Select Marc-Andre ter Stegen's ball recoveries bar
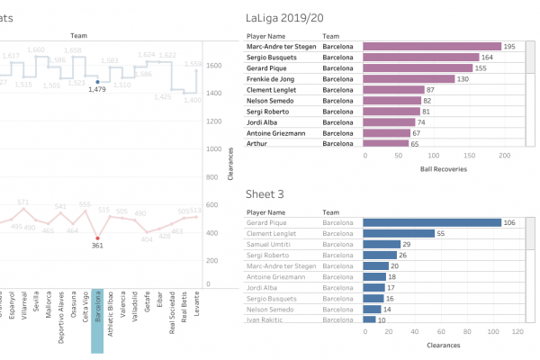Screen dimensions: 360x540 [x=432, y=46]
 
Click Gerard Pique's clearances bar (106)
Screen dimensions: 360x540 [x=432, y=222]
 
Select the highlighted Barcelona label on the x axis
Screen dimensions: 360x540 [x=98, y=310]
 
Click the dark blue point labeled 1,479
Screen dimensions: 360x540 [x=98, y=80]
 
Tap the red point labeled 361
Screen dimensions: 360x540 [x=98, y=238]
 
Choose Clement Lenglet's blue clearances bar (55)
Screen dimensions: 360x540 [x=397, y=233]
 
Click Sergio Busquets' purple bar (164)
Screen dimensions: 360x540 [x=421, y=57]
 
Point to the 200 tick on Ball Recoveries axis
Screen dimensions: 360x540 [x=505, y=155]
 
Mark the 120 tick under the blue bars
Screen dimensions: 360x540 [x=517, y=331]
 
